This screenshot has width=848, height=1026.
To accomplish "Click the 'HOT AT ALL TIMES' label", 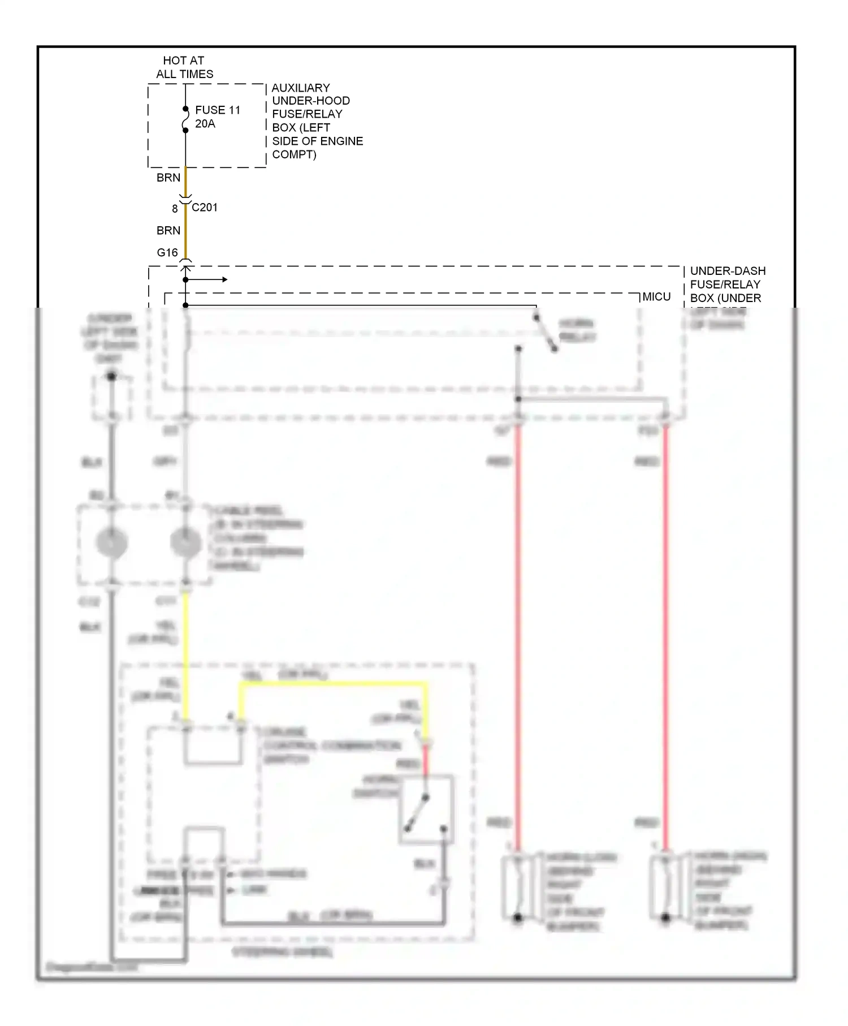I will point(184,67).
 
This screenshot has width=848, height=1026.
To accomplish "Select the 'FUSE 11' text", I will point(218,110).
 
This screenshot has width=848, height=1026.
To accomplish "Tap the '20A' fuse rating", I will point(205,124).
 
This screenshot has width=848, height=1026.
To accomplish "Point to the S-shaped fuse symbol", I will point(185,120).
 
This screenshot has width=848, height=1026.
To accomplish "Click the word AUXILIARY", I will point(301,88).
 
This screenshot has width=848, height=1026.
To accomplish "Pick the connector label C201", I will point(205,208).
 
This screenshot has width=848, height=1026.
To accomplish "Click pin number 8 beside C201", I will point(175,209).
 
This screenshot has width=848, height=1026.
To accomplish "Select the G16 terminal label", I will point(167,253).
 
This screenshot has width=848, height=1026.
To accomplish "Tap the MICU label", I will point(656,297).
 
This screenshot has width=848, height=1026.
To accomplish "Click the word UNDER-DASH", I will point(728,271).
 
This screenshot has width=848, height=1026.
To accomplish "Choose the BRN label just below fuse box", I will point(168,178).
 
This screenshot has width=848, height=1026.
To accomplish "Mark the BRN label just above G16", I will point(168,231).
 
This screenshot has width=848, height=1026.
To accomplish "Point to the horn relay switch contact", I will point(546,334).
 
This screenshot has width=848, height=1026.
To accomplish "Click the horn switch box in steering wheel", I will point(426,810).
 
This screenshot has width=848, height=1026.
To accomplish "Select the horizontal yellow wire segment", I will point(334,684).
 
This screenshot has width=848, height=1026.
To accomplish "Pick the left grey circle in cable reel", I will point(112,542).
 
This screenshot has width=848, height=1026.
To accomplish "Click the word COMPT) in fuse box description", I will point(294,155).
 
